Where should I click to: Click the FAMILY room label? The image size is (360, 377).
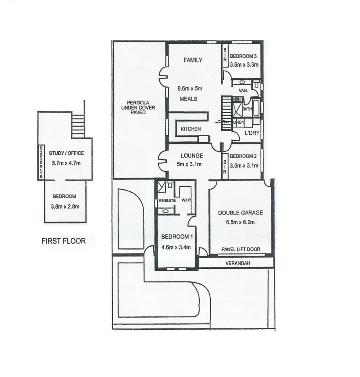pyautogui.click(x=193, y=60)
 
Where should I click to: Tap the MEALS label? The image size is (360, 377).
pyautogui.click(x=188, y=99)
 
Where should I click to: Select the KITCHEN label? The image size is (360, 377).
pyautogui.click(x=191, y=129)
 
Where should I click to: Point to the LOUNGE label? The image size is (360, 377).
pyautogui.click(x=192, y=156)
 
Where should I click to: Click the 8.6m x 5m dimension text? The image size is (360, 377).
pyautogui.click(x=190, y=89)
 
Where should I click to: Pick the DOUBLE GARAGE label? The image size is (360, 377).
pyautogui.click(x=240, y=213)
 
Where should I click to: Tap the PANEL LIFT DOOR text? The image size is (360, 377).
pyautogui.click(x=241, y=250)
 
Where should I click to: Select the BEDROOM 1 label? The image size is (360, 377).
pyautogui.click(x=175, y=236)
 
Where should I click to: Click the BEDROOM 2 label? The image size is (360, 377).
pyautogui.click(x=243, y=156)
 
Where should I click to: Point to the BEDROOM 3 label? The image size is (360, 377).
pyautogui.click(x=243, y=57)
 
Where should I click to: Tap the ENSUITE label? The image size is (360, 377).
pyautogui.click(x=167, y=201)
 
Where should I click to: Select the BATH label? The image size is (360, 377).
pyautogui.click(x=247, y=109)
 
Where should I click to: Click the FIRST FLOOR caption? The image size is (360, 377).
pyautogui.click(x=63, y=241)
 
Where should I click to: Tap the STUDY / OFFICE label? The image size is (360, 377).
pyautogui.click(x=67, y=153)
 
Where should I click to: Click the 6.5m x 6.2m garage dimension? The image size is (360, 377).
pyautogui.click(x=240, y=222)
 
